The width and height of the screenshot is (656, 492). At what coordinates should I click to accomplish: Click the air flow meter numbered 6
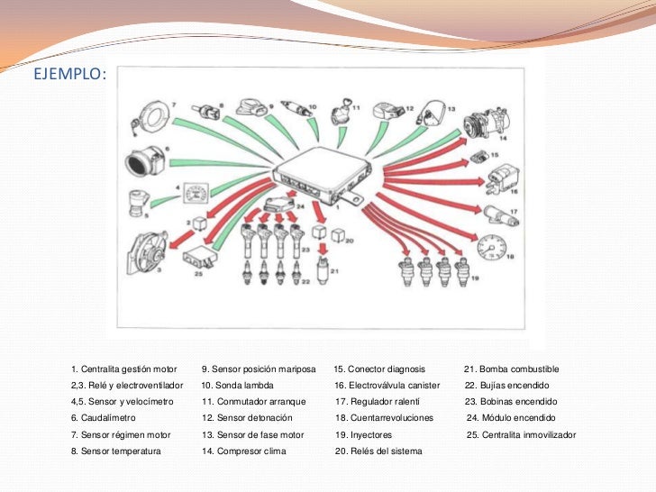tap(146, 162)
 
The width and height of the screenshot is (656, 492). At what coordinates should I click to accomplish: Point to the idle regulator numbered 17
tap(496, 214)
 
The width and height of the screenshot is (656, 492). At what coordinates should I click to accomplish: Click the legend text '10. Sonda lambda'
tap(237, 386)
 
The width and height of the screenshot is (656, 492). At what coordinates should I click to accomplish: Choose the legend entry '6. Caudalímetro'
tap(103, 418)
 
